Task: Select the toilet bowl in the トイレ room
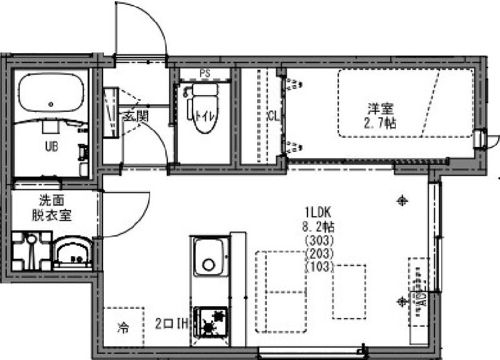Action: (x=202, y=119)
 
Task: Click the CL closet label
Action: (x=272, y=116)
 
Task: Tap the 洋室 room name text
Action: (x=380, y=107)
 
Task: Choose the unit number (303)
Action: (x=319, y=239)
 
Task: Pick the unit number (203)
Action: (x=319, y=253)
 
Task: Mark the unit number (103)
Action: (x=319, y=267)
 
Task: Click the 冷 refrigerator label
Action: (x=122, y=326)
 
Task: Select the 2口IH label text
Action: (x=172, y=324)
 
